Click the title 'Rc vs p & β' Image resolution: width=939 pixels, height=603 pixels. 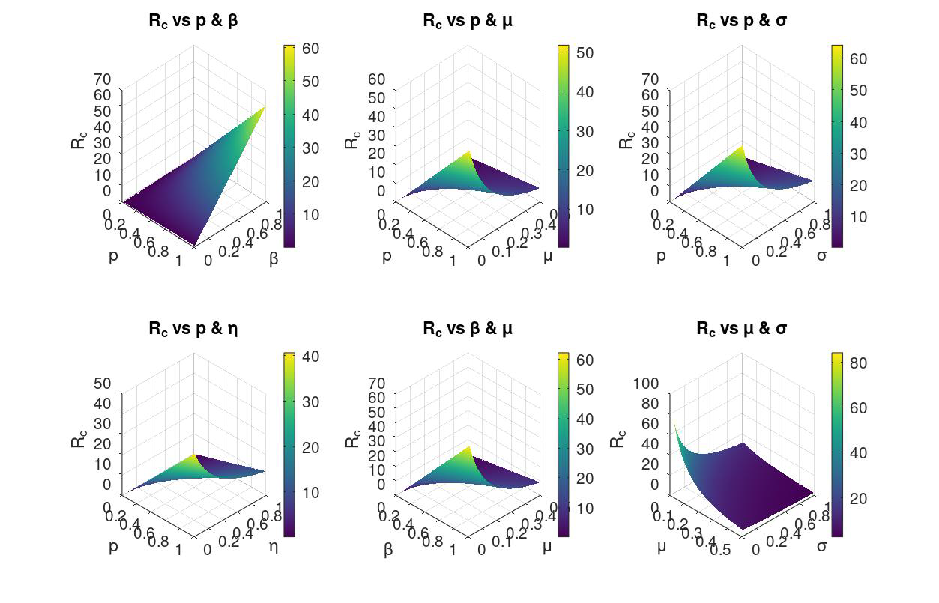tap(193, 21)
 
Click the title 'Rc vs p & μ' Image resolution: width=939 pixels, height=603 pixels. tap(468, 21)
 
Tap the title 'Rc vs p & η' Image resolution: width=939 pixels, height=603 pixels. tap(193, 328)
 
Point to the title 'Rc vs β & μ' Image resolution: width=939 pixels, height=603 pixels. tap(468, 328)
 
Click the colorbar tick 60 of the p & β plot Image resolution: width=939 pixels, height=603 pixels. tap(310, 49)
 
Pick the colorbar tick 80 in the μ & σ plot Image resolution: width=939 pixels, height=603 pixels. tap(858, 363)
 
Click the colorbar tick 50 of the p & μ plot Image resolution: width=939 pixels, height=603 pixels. tap(585, 53)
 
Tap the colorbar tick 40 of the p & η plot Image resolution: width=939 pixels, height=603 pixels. tap(310, 357)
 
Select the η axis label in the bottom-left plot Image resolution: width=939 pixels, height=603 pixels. tap(274, 546)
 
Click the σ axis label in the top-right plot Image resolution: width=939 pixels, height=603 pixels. tap(822, 255)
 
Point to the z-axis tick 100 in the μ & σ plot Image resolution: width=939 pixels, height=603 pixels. tap(646, 384)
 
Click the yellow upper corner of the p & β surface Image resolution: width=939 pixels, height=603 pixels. tap(265, 107)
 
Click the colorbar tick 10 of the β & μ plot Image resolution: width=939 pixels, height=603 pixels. tap(585, 509)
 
